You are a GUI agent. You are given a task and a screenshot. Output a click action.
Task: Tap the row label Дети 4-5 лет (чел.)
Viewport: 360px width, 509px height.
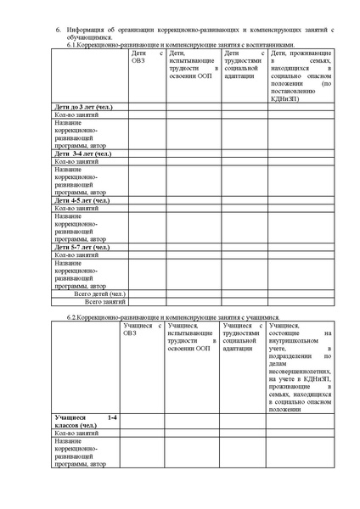[85, 200]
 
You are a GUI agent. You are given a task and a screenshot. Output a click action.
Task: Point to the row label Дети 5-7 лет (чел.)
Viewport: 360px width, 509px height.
[85, 247]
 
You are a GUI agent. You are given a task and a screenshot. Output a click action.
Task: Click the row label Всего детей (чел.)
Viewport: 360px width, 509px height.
[99, 293]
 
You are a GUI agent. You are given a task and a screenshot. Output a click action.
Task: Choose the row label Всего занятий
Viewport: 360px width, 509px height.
[105, 301]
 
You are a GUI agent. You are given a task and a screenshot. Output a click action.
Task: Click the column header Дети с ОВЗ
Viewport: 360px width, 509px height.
[145, 57]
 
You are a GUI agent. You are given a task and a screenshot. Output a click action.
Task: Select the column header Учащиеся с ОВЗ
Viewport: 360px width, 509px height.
[141, 328]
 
